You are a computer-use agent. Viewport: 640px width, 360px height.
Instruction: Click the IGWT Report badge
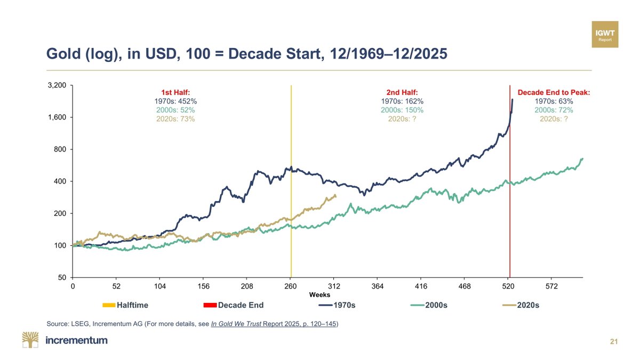[605, 34]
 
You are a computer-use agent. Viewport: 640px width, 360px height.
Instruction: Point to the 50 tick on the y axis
[62, 278]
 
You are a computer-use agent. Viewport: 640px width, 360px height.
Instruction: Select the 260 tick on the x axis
[291, 286]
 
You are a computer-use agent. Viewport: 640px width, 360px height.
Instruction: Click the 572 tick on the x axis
[552, 286]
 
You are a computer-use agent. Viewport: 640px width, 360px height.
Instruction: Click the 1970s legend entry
[337, 306]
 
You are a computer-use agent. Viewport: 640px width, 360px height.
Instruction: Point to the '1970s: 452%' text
[175, 101]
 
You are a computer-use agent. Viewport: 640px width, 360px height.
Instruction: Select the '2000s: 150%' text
[403, 110]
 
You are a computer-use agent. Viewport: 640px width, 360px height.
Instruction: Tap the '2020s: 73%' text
[175, 119]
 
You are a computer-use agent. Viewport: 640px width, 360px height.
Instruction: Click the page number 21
[613, 341]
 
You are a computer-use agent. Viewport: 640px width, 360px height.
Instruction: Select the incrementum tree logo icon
[31, 340]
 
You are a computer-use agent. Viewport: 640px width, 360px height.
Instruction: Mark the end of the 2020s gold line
[335, 196]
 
